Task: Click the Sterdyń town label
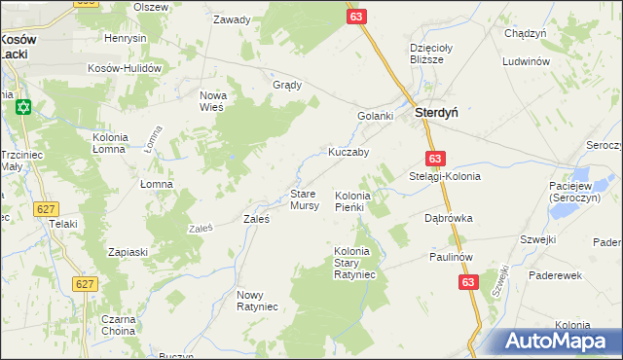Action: click(437, 113)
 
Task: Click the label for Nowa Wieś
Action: click(212, 100)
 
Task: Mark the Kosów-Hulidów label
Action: click(124, 68)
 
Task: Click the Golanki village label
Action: click(375, 117)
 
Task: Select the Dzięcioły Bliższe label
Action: click(426, 53)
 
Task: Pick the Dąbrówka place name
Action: click(448, 219)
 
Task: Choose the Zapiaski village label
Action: click(128, 252)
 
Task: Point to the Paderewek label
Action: click(555, 275)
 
